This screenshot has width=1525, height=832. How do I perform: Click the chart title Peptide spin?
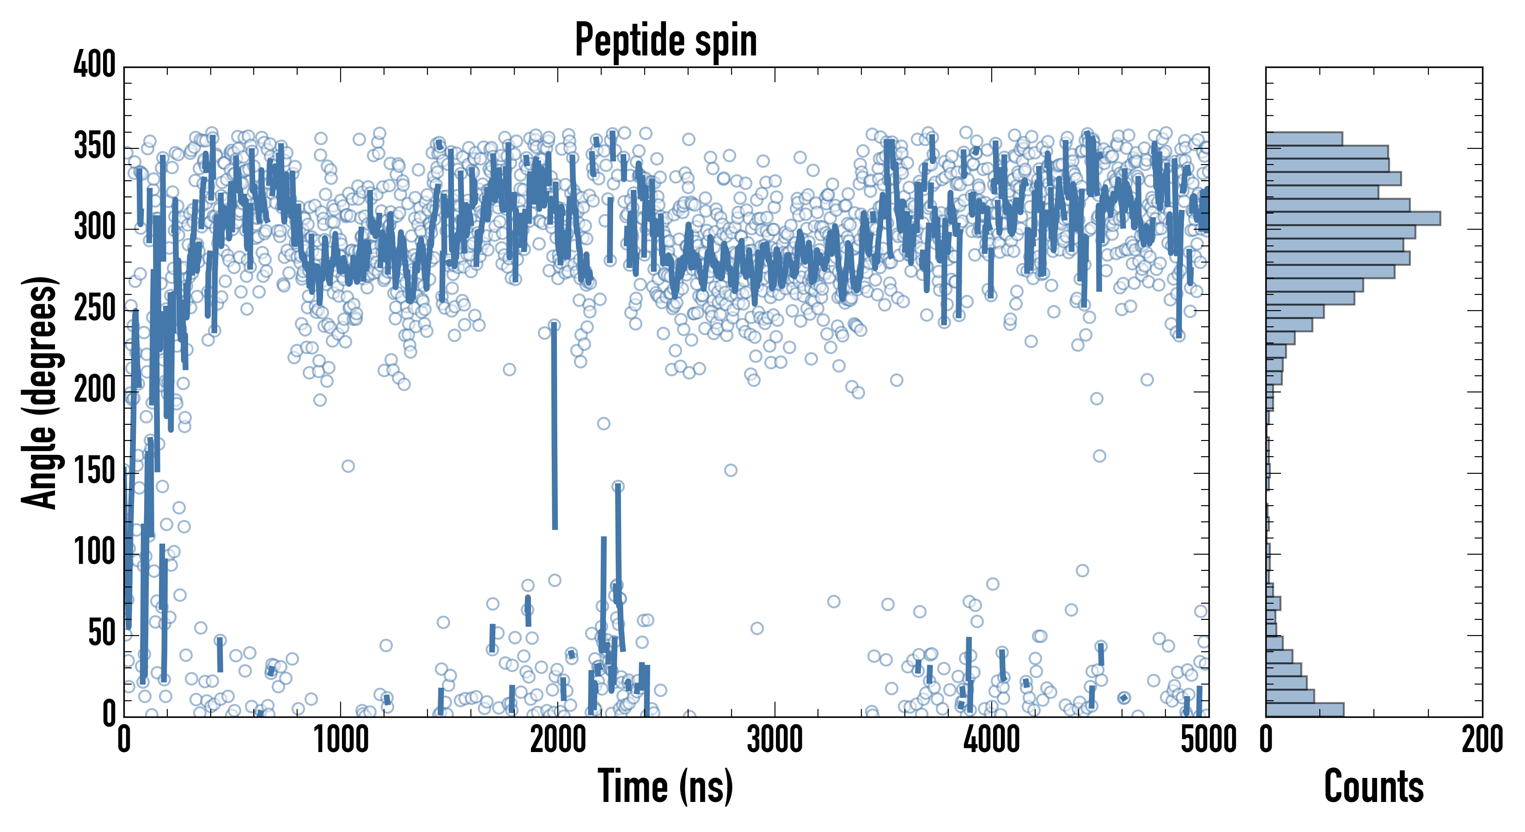(666, 40)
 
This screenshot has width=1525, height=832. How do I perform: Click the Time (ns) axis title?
(666, 786)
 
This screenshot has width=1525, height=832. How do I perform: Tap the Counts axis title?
(1373, 786)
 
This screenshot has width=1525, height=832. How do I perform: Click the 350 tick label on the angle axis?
(95, 146)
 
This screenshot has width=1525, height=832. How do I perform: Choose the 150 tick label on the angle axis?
(95, 472)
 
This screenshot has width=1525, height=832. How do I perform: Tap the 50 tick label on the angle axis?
(102, 634)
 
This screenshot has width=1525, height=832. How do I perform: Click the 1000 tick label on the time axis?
(341, 740)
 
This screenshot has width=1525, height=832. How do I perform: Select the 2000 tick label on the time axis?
(558, 740)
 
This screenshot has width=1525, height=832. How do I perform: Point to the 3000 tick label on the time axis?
(775, 740)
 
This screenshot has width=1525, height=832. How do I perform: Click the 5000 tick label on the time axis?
(1208, 740)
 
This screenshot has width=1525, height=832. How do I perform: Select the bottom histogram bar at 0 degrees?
(1305, 710)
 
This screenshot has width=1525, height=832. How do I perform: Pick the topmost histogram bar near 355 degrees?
(1304, 139)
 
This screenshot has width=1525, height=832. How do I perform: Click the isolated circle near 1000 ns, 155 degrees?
(348, 466)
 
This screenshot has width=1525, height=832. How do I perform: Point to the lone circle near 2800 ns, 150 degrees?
(731, 470)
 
